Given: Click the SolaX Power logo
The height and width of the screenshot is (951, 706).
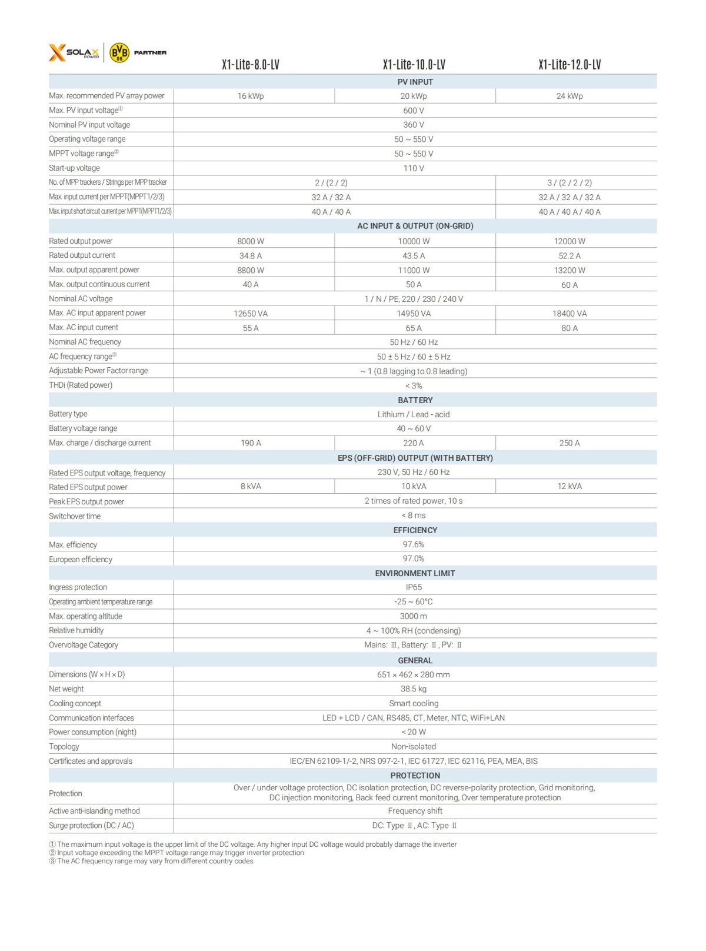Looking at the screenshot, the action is click(74, 53).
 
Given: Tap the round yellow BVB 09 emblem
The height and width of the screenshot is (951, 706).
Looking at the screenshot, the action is click(119, 53).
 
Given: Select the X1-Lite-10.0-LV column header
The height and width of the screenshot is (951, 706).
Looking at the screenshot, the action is click(414, 65).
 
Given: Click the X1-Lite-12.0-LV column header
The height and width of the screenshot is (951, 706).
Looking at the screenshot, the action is click(570, 65).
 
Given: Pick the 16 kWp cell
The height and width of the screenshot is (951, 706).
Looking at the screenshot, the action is click(251, 96).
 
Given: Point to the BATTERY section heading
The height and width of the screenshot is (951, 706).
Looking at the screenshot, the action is click(415, 400).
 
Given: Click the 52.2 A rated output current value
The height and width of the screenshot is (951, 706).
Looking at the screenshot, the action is click(570, 256).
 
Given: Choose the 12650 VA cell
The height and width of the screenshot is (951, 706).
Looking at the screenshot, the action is click(251, 314).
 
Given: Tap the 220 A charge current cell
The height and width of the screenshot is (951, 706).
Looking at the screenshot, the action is click(414, 443).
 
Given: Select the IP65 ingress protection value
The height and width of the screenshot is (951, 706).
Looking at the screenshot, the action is click(414, 587).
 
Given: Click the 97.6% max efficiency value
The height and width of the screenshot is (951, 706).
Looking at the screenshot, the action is click(414, 544).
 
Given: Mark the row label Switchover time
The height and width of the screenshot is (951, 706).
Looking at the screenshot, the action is click(75, 516).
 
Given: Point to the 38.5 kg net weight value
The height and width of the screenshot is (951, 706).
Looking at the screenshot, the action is click(414, 689).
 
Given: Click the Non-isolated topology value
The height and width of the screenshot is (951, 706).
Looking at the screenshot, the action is click(414, 746).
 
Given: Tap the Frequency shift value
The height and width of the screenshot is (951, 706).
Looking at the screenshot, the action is click(415, 811).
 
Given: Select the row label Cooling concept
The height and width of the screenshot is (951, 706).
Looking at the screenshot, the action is click(75, 703).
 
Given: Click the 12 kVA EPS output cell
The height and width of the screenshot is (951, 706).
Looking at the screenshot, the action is click(570, 486).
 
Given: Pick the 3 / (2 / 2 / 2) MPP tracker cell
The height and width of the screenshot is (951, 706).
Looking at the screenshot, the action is click(570, 183).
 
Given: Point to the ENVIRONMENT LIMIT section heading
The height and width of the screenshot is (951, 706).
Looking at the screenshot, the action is click(415, 573).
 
